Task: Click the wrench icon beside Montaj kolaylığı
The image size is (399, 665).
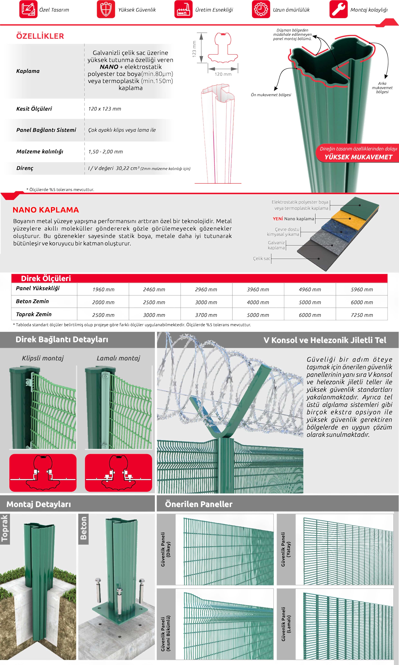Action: (339, 9)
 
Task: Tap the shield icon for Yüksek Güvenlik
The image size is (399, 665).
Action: (106, 9)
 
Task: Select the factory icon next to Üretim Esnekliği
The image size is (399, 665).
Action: (183, 9)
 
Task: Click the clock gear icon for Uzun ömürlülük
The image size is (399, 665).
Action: (261, 9)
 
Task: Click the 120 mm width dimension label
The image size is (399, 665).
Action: (223, 74)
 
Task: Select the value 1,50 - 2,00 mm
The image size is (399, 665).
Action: (105, 151)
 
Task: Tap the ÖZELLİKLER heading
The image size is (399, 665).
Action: (40, 36)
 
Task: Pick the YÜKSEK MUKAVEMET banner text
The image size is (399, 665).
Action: (358, 157)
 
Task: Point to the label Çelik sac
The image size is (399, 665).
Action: (261, 258)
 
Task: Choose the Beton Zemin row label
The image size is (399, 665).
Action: (32, 301)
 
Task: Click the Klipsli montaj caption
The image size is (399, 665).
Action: (43, 358)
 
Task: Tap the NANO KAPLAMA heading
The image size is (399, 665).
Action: (46, 210)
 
